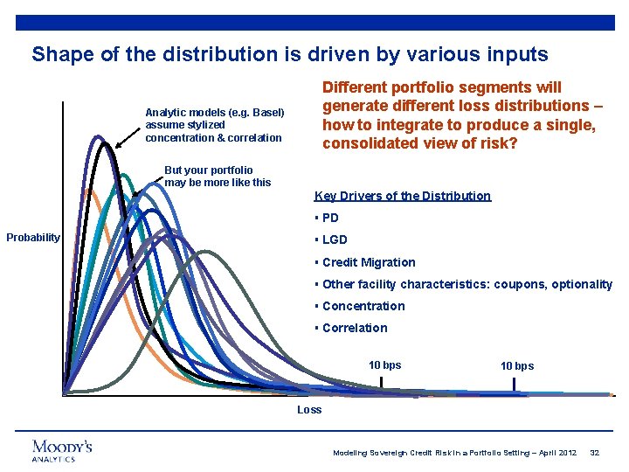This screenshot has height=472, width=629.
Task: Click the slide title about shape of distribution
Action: tap(290, 54)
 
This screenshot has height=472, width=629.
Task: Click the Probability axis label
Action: tap(33, 238)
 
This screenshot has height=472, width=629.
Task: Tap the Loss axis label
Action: tap(309, 409)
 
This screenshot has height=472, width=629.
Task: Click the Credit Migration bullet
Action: tap(368, 262)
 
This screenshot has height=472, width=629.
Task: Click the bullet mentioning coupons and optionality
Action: tap(467, 284)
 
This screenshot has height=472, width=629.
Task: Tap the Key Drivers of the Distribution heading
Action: tap(402, 196)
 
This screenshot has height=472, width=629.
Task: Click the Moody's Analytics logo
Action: tap(62, 450)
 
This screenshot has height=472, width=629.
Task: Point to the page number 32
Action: tap(595, 453)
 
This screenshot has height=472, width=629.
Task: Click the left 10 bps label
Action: tap(384, 364)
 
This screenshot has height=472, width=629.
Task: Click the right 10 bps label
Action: tap(516, 365)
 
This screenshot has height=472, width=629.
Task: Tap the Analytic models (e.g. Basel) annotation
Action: tap(214, 125)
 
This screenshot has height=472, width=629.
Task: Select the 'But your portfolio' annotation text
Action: tap(217, 177)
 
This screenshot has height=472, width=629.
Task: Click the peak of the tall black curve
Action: tap(105, 143)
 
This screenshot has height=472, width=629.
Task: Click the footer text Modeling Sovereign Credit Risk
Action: tap(454, 453)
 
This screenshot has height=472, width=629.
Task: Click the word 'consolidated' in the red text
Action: tap(367, 142)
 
